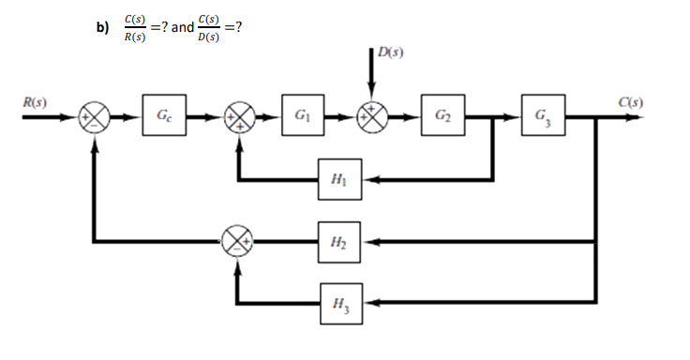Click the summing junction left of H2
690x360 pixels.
click(x=238, y=242)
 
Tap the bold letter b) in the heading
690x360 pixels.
click(x=103, y=27)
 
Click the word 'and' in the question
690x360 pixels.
click(x=182, y=27)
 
